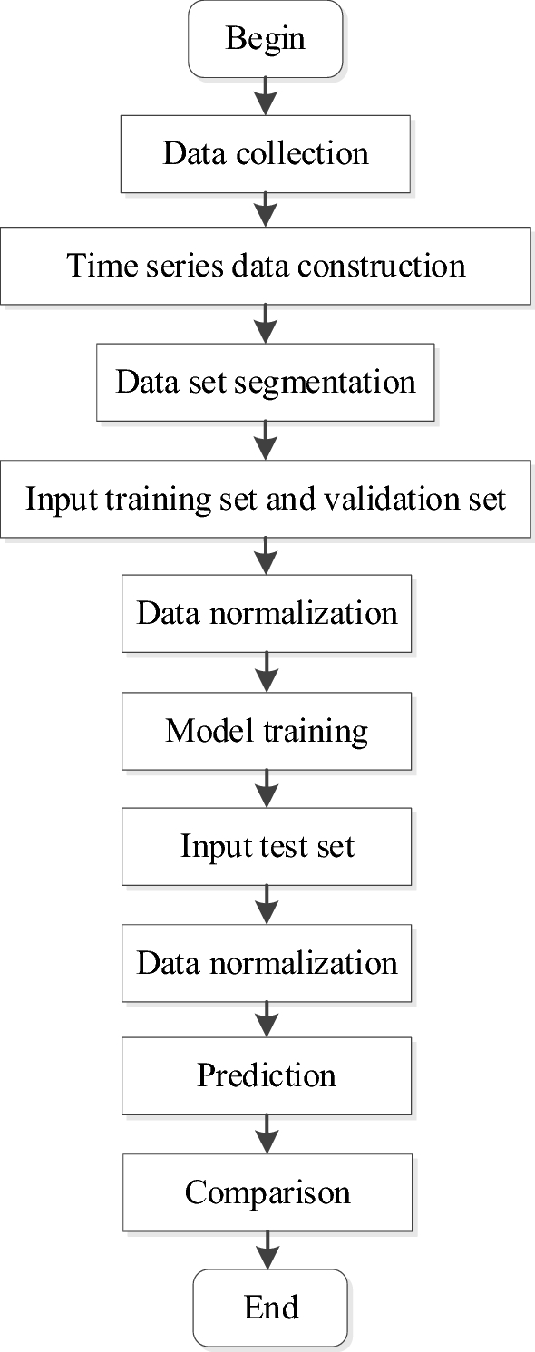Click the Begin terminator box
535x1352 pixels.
pyautogui.click(x=266, y=39)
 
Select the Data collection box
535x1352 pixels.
pyautogui.click(x=266, y=152)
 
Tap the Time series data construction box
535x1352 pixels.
pyautogui.click(x=266, y=266)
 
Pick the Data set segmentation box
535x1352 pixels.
pyautogui.click(x=266, y=381)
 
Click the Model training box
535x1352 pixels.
pyautogui.click(x=266, y=731)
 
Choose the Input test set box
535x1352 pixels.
pyautogui.click(x=266, y=846)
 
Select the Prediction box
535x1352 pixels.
pyautogui.click(x=266, y=1075)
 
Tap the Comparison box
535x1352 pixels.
pyautogui.click(x=266, y=1192)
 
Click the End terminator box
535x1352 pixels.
pyautogui.click(x=269, y=1307)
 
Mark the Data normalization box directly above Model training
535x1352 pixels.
pyautogui.click(x=266, y=613)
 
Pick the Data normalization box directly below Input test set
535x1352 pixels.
pyautogui.click(x=266, y=962)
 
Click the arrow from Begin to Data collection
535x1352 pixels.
pyautogui.click(x=266, y=95)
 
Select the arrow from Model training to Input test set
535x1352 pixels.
pyautogui.click(x=266, y=789)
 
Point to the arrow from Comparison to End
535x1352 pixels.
pyautogui.click(x=266, y=1250)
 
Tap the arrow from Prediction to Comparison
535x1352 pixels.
pyautogui.click(x=266, y=1133)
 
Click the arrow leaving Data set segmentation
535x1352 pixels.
pyautogui.click(x=266, y=439)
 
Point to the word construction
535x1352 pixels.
pyautogui.click(x=381, y=266)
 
